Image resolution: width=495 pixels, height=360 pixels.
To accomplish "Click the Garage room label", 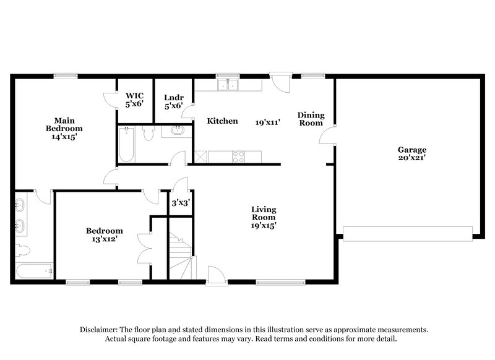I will pyautogui.click(x=411, y=150).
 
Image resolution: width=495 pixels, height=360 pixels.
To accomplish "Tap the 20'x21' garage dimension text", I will pyautogui.click(x=411, y=158).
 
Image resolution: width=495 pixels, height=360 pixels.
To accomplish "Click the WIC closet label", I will pyautogui.click(x=134, y=96).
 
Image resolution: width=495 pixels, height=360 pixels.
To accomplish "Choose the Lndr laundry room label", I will pyautogui.click(x=173, y=98).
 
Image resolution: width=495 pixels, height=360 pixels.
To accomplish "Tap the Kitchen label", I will pyautogui.click(x=222, y=121).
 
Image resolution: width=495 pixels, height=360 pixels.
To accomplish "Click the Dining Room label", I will pyautogui.click(x=310, y=119).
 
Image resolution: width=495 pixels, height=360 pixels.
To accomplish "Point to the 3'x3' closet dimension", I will pyautogui.click(x=181, y=202).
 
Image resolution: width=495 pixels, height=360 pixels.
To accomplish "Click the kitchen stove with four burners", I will pyautogui.click(x=238, y=157).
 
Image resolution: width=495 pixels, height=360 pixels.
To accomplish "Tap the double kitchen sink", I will pyautogui.click(x=228, y=85).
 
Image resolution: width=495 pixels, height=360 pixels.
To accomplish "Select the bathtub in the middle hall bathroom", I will pyautogui.click(x=126, y=144).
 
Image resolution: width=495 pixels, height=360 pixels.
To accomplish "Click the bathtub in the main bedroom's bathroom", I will pyautogui.click(x=35, y=270).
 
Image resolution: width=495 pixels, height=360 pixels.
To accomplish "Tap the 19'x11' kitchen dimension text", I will pyautogui.click(x=268, y=122).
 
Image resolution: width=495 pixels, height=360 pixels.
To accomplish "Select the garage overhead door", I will pyautogui.click(x=407, y=233).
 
